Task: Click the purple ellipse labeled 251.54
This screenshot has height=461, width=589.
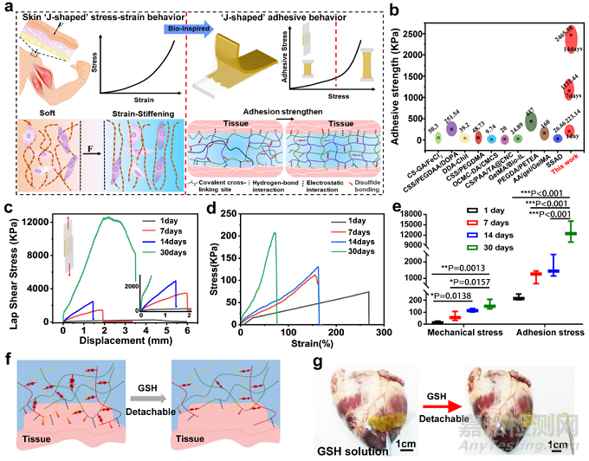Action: [451, 128]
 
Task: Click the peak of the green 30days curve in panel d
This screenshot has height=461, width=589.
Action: [275, 232]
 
